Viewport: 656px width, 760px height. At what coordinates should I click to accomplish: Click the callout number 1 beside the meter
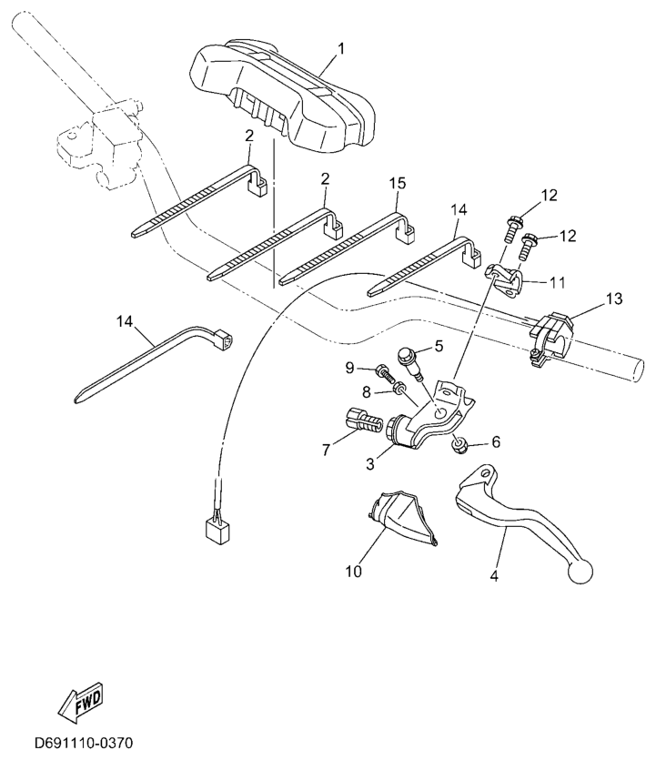click(x=341, y=49)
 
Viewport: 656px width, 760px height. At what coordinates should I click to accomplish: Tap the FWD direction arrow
click(x=81, y=703)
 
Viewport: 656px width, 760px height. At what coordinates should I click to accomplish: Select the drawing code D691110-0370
click(x=84, y=743)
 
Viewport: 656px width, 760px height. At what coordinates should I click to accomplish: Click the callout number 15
click(x=398, y=183)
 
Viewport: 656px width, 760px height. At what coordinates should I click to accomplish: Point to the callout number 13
click(x=614, y=299)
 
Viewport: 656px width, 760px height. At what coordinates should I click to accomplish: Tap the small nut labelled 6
click(x=459, y=444)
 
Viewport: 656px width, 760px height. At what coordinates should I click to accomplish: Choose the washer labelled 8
click(x=400, y=388)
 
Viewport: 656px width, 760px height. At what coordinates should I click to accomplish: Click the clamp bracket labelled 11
click(x=504, y=281)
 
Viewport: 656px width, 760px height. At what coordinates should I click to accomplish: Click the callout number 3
click(x=370, y=464)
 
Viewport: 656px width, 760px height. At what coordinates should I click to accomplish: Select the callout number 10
click(x=354, y=572)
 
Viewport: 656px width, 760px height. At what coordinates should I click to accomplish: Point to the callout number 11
click(x=558, y=282)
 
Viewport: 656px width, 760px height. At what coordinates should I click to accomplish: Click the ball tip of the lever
click(x=580, y=572)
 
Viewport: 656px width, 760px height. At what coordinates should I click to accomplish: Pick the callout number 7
click(x=326, y=451)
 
